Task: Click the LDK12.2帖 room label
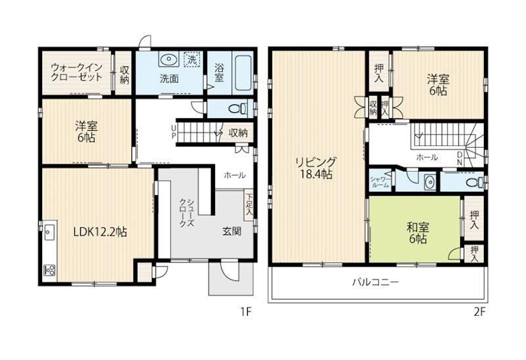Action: (100, 232)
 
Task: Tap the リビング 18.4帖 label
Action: (315, 168)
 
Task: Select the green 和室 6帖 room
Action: (415, 229)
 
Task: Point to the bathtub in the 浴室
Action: (243, 73)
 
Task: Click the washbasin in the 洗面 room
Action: (168, 60)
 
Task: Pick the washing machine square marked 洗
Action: (192, 60)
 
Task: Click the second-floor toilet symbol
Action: (476, 183)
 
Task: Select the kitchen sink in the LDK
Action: (49, 233)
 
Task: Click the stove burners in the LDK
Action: (50, 270)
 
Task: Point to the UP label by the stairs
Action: (174, 132)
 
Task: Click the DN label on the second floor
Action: (459, 158)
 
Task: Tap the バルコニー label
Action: (375, 282)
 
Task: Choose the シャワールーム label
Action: (380, 182)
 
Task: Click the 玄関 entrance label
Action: (232, 231)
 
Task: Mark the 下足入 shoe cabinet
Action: (249, 205)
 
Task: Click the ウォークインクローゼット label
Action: (76, 72)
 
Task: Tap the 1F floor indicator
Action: (245, 312)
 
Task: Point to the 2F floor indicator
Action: (479, 312)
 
